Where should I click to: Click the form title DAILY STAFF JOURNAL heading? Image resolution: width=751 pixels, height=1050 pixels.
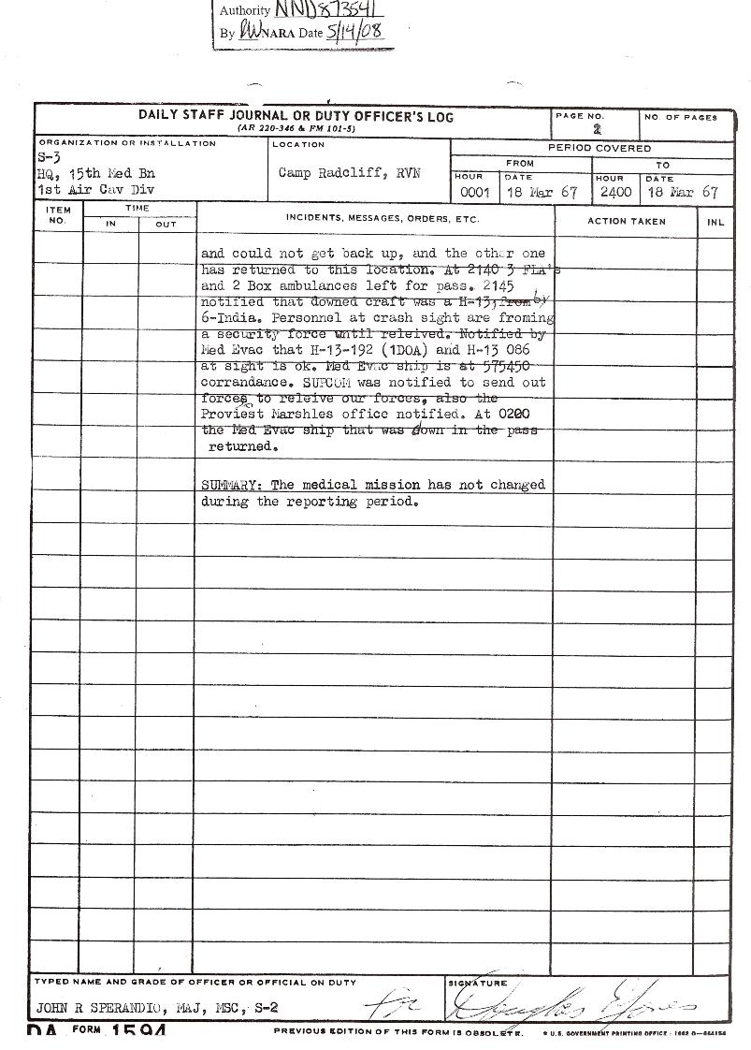[296, 116]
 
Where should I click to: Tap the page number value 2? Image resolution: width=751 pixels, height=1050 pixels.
[597, 130]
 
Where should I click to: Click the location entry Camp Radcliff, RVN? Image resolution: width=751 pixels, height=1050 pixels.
[349, 173]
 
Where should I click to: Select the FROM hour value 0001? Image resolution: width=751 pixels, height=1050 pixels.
[475, 193]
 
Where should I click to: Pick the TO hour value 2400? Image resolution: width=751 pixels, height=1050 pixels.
[615, 193]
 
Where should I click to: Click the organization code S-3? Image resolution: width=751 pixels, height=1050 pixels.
[49, 158]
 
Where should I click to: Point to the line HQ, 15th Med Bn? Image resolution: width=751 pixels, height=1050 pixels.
[95, 174]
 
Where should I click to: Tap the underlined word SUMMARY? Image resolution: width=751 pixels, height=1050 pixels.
[229, 485]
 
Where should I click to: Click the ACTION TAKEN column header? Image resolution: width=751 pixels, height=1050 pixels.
[626, 222]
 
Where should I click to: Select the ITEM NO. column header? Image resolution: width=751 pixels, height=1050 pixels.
[58, 215]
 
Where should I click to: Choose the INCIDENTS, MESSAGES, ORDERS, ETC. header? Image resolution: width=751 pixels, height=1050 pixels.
[383, 219]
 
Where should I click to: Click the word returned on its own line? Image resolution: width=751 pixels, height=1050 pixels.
[242, 447]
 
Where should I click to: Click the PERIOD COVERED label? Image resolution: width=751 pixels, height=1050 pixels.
[599, 148]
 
